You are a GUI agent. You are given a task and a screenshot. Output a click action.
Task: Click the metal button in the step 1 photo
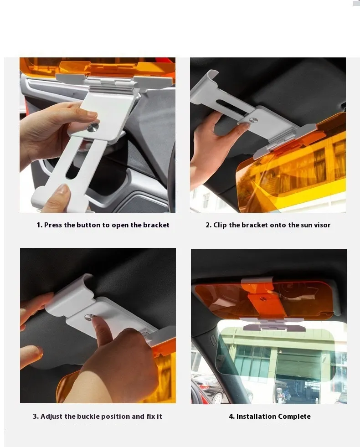(93, 128)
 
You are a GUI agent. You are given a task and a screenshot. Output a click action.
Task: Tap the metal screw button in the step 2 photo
(253, 120)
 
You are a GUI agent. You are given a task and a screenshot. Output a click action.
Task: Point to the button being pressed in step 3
(89, 317)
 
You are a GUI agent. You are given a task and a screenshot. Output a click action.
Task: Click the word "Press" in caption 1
(53, 225)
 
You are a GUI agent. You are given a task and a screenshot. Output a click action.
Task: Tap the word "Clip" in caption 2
(220, 225)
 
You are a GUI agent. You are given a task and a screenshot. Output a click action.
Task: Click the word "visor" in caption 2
(322, 225)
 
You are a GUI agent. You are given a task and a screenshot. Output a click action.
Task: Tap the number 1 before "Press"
(39, 225)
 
